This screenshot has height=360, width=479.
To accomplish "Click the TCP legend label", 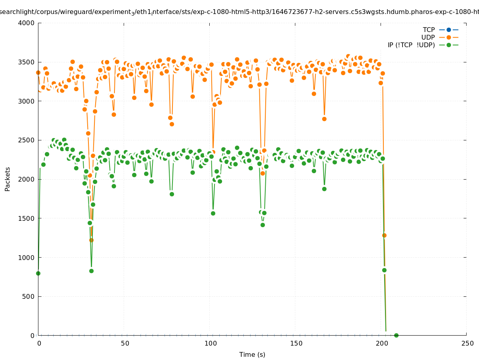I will coord(429,30).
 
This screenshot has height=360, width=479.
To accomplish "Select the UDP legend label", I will coord(428,37).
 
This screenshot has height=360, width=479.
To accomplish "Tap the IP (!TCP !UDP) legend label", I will coord(411,45).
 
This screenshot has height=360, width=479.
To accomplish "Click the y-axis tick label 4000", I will coord(26,23).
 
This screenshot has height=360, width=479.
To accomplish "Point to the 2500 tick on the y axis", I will coord(26,140).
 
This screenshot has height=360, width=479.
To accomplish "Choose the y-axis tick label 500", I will coord(28,296).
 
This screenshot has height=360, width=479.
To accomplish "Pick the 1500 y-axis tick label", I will coord(26,218).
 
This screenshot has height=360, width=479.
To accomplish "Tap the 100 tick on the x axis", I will coord(210,343).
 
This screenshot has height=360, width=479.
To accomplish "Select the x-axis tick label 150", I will coord(296,343).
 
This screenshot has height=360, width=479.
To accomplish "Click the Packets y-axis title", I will coord(8,179).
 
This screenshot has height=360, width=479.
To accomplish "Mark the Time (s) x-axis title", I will coord(252,354).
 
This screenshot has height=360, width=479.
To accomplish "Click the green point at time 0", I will coord(38,273).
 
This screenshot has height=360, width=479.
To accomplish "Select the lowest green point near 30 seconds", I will coord(91,271).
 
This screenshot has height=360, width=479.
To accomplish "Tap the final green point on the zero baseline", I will coord(396,335).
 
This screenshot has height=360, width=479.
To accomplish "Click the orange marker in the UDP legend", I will coord(449,37).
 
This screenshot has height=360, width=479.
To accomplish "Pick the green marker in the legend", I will coord(449,45).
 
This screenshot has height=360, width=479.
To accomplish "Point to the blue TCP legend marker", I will coord(449,30).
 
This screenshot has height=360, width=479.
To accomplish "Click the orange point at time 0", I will coord(38,72).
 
